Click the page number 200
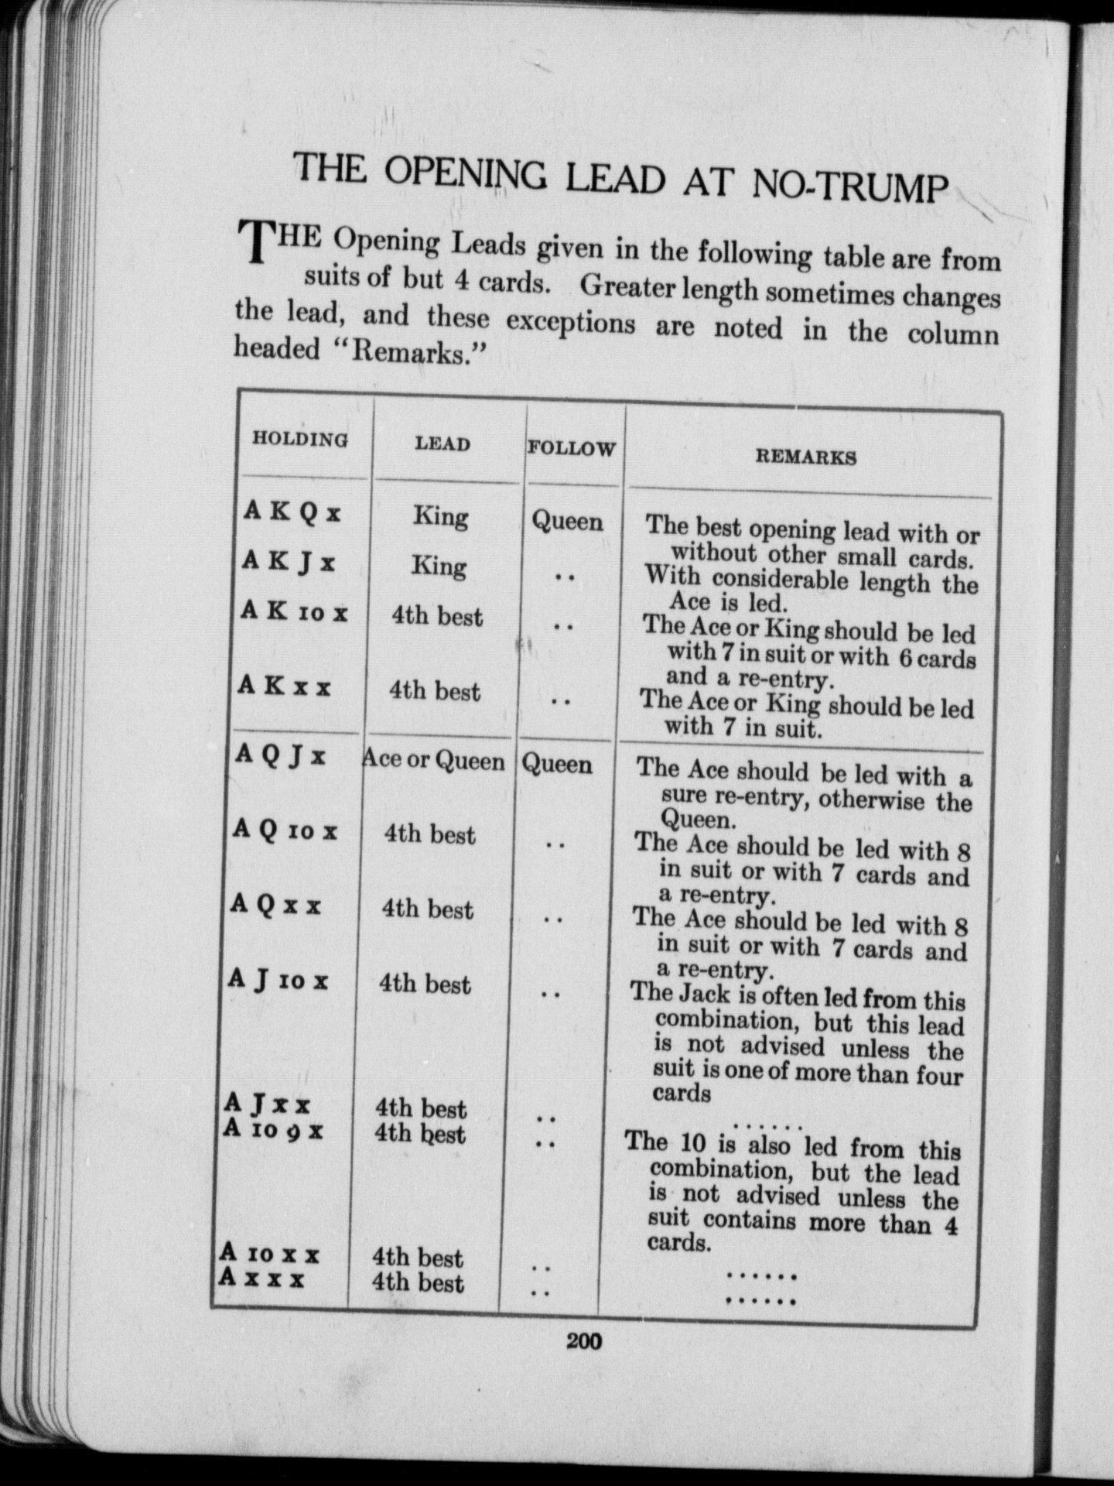coord(583,1340)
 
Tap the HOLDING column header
coord(300,440)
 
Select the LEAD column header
coord(442,443)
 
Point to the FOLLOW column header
coord(571,448)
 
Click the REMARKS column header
coord(805,457)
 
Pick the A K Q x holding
coord(292,512)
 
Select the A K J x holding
coord(289,561)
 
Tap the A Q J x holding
coord(280,755)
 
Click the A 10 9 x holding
coord(272,1130)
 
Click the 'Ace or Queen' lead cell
coord(434,760)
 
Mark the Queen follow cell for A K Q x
coord(567,521)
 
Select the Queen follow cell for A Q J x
coord(557,764)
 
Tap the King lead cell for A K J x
coord(439,566)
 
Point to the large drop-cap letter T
coord(255,241)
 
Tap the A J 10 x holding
coord(278,981)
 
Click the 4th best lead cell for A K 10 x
coord(436,616)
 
